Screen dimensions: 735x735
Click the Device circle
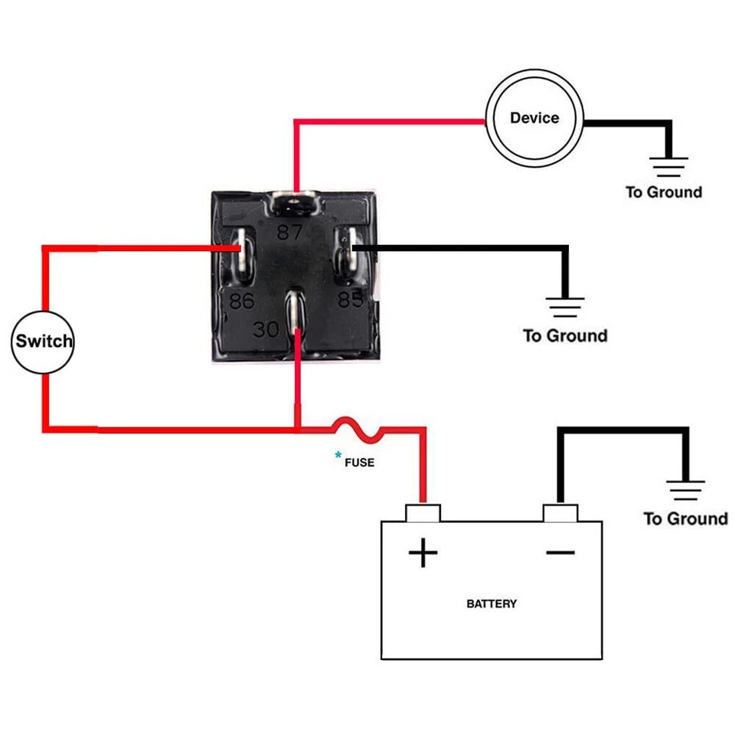pos(534,119)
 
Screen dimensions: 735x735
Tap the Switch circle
pos(44,341)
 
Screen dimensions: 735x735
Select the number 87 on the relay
pos(290,233)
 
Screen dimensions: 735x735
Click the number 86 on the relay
pos(241,301)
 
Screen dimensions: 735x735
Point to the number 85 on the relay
pos(351,299)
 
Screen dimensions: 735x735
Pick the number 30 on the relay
pos(266,330)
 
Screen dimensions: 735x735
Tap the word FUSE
pos(359,462)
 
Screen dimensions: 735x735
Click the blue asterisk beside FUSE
pos(338,456)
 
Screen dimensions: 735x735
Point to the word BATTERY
pos(492,603)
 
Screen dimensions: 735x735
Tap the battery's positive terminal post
pos(423,512)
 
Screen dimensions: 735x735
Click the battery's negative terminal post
pos(560,512)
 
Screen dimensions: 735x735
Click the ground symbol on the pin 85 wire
pos(565,308)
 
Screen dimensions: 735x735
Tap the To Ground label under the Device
pos(663,192)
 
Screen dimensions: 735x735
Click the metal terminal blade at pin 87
pos(292,204)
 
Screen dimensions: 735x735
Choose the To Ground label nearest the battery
pos(685,519)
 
